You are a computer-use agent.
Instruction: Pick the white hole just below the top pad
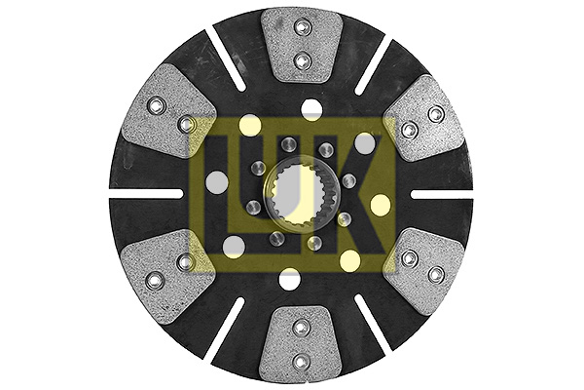pos(311,106)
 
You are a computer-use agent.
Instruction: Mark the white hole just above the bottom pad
pos(289,281)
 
